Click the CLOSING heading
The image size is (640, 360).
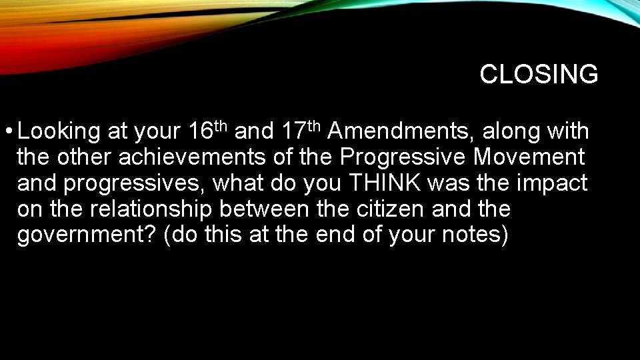539,74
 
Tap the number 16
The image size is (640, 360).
199,132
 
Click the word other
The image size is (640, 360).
85,157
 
